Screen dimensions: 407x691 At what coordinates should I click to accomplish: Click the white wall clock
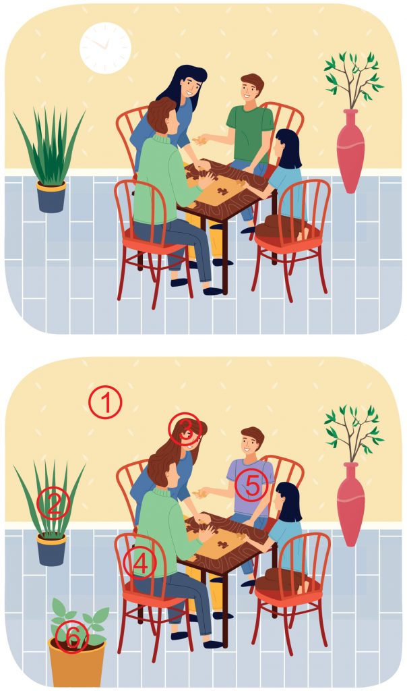[x=105, y=48]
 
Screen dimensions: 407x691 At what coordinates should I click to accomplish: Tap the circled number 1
[x=105, y=402]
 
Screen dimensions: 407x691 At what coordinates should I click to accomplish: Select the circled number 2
[x=53, y=503]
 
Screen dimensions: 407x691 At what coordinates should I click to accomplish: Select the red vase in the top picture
[x=350, y=151]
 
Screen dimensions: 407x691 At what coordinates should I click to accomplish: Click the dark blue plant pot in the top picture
[x=51, y=197]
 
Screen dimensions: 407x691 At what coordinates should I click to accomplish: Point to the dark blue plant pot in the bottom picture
[x=51, y=550]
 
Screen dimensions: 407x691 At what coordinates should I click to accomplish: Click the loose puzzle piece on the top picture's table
[x=222, y=192]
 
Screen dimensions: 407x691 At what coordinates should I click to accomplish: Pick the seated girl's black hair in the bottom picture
[x=289, y=502]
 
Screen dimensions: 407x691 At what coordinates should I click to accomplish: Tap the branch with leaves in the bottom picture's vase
[x=353, y=433]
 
